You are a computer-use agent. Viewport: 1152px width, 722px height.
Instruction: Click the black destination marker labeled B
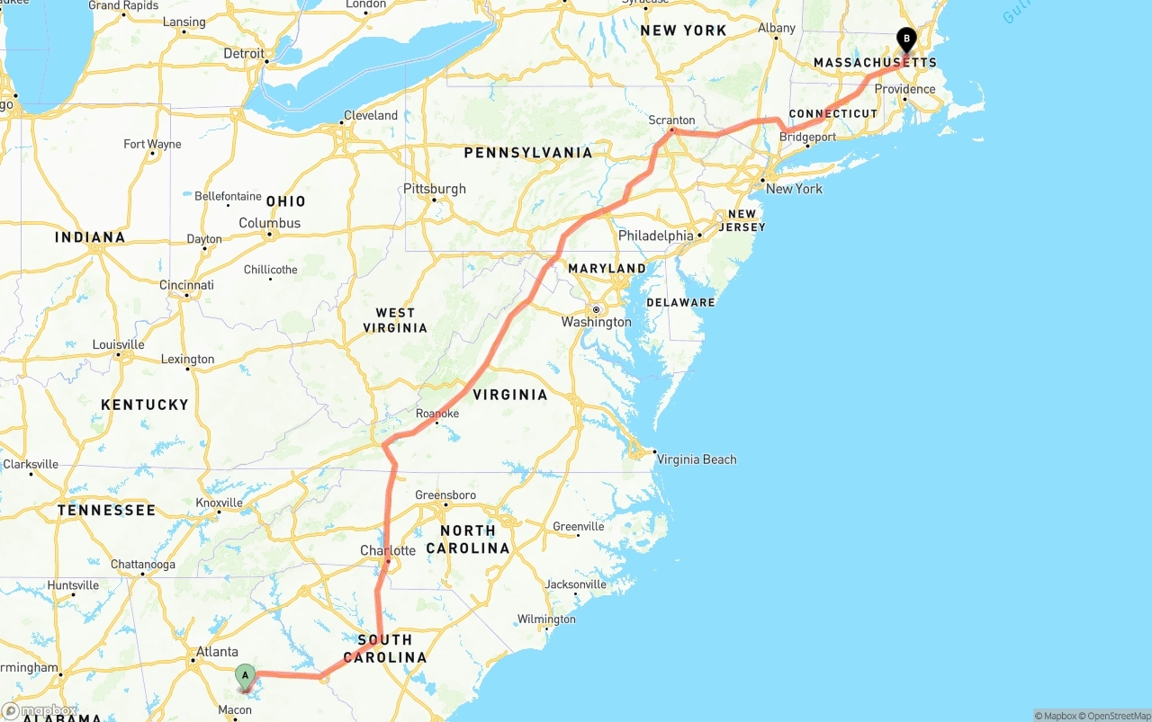coord(906,39)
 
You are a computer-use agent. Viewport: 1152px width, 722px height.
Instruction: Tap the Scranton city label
coord(672,120)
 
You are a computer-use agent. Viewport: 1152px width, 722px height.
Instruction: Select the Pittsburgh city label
coord(435,189)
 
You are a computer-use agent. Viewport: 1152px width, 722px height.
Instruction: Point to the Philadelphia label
coord(655,236)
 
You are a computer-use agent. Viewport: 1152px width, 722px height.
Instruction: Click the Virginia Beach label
coord(696,459)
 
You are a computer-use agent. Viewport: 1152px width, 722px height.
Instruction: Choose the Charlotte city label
coord(388,550)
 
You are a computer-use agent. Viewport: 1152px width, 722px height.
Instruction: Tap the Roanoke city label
coord(437,414)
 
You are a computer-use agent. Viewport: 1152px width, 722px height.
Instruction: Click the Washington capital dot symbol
coord(596,309)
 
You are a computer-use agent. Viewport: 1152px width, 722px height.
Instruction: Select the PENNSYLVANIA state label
coord(528,153)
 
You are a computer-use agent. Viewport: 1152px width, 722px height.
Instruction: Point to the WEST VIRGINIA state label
coord(395,320)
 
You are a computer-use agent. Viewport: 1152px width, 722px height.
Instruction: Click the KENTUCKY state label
coord(145,405)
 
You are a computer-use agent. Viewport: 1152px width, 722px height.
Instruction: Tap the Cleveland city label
coord(370,115)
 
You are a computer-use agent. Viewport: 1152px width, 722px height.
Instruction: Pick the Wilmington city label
coord(546,619)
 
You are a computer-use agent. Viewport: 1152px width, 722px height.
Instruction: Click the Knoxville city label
coord(219,503)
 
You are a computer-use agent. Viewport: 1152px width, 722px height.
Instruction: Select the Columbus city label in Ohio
coord(269,223)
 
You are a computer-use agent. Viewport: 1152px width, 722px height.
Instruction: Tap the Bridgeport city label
coord(808,138)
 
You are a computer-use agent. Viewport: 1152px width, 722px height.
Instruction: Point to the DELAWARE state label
coord(680,302)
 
